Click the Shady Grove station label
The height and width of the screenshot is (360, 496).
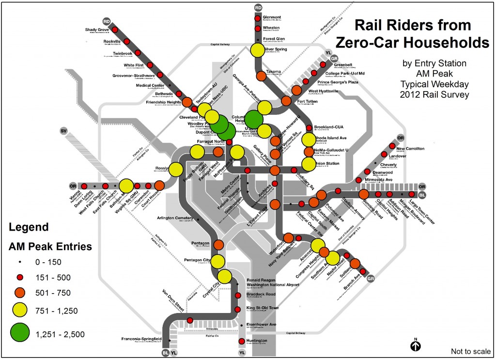(97, 30)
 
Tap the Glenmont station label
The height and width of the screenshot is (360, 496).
(272, 17)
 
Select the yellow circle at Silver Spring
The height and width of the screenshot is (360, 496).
(257, 50)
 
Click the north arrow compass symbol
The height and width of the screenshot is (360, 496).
(416, 346)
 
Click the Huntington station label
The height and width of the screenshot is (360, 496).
(257, 341)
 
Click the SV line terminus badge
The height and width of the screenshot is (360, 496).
(63, 131)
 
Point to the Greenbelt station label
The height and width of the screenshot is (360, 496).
(335, 67)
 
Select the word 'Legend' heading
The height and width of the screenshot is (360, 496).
(29, 227)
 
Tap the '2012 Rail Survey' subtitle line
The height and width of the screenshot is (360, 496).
(434, 94)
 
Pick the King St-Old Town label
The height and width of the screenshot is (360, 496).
(263, 308)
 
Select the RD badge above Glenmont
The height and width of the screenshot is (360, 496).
(258, 7)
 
